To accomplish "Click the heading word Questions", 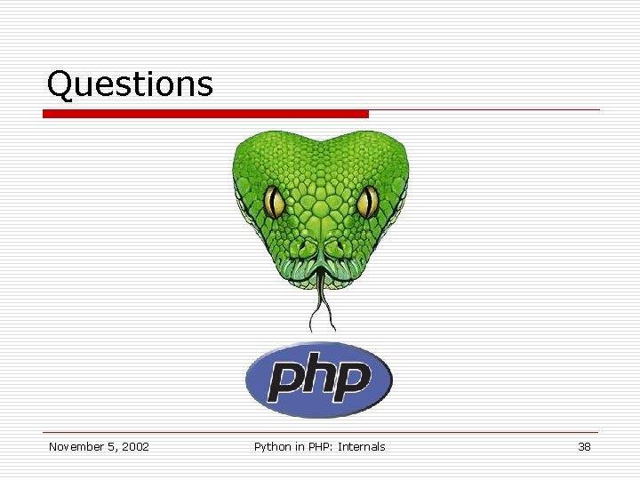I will coord(130,84).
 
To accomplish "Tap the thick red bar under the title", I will coord(205,114).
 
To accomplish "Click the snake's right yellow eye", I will coord(367,203).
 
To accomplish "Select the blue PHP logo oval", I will coord(319,380).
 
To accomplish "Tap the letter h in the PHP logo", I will coord(318,375).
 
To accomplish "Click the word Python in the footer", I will coord(272,447).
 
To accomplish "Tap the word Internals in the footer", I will coord(362,447).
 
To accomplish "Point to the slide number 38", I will coord(584,447).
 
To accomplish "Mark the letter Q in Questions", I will coord(59,84).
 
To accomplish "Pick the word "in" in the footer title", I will coord(298,447).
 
